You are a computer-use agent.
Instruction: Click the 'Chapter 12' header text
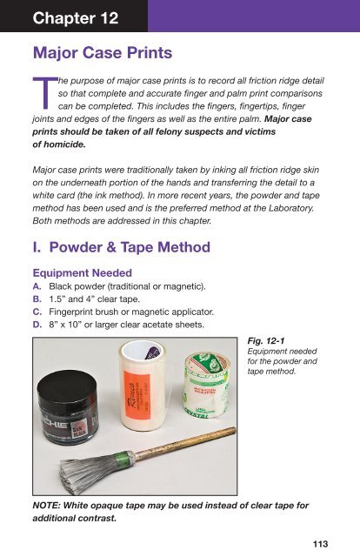click(x=76, y=18)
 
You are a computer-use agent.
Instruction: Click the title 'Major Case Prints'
click(x=103, y=52)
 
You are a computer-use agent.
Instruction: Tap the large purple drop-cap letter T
click(x=44, y=93)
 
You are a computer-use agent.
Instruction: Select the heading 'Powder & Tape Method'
click(x=130, y=247)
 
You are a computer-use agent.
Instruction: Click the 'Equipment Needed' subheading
click(x=83, y=272)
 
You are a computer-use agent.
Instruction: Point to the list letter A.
click(x=37, y=286)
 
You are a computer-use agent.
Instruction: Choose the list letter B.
click(x=37, y=299)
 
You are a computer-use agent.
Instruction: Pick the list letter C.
click(x=37, y=312)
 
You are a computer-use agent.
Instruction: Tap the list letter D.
click(x=37, y=325)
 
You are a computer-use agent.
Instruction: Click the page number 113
click(x=320, y=544)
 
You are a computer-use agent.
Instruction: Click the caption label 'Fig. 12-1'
click(x=266, y=341)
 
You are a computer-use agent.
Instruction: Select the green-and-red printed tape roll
click(x=207, y=386)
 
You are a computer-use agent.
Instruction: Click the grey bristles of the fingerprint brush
click(x=90, y=472)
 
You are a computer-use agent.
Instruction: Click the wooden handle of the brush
click(x=184, y=442)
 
